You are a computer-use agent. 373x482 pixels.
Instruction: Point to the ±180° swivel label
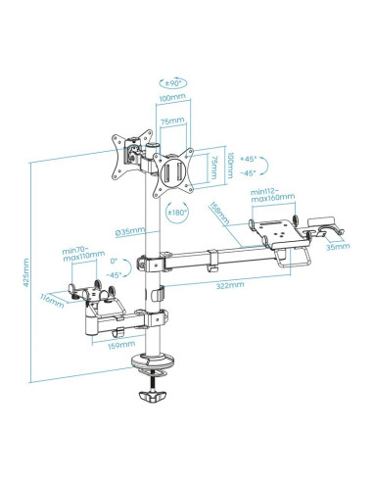[177, 211]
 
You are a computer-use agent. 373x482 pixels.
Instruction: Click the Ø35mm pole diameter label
[129, 231]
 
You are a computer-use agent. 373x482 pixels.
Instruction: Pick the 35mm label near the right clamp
[336, 247]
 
